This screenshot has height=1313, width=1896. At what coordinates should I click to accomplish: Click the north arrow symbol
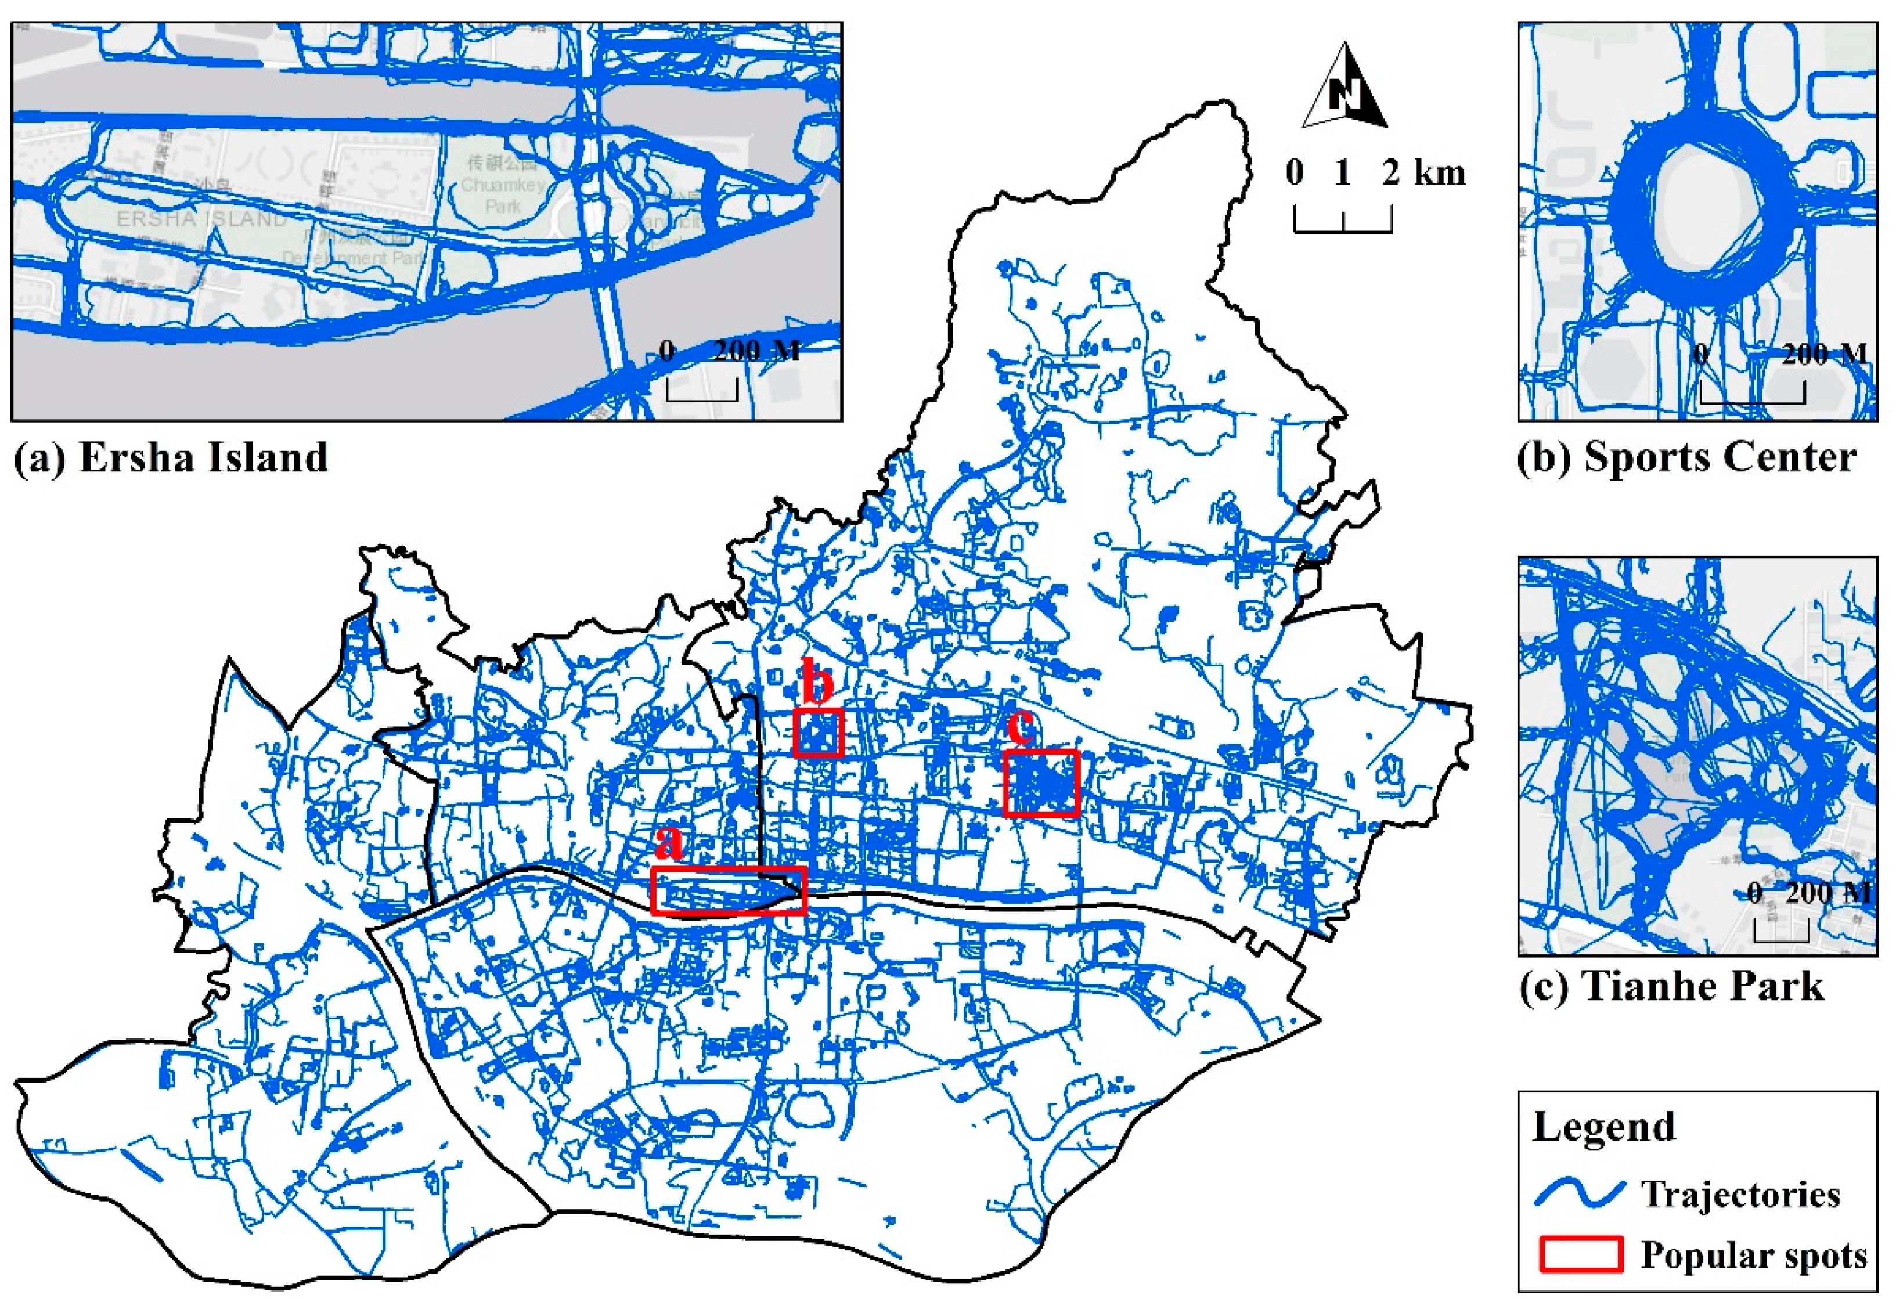[x=1344, y=88]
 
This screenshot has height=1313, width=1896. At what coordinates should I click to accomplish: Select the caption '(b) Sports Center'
[x=1686, y=457]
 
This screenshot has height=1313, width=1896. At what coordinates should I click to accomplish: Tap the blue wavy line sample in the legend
[x=1579, y=1193]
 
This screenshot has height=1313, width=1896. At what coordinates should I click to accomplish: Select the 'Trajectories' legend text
[x=1740, y=1193]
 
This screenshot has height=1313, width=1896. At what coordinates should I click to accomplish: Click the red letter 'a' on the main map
[x=669, y=842]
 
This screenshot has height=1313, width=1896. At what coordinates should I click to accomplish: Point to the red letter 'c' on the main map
[x=1021, y=726]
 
